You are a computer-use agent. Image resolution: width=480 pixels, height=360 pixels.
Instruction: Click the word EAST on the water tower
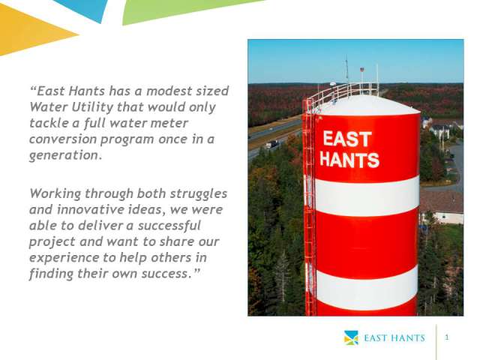(x=347, y=139)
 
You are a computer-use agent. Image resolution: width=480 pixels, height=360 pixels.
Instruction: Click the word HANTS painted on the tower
(x=349, y=160)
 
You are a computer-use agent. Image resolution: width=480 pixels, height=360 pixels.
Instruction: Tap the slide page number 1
(x=447, y=337)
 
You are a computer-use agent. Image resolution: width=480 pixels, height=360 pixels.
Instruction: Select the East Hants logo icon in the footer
(x=351, y=337)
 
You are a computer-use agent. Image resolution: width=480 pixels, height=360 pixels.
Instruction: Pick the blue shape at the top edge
(x=84, y=8)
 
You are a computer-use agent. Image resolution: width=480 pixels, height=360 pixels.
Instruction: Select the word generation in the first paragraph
(x=65, y=155)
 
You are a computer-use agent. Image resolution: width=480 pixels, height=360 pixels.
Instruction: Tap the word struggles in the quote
(x=198, y=194)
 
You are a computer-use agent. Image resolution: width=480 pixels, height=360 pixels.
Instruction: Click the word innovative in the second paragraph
(x=91, y=210)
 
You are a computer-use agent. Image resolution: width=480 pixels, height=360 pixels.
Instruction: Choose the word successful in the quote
(x=169, y=226)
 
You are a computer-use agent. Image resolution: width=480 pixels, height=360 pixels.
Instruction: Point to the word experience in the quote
(x=64, y=258)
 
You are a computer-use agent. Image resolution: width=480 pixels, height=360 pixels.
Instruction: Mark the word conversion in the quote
(x=63, y=139)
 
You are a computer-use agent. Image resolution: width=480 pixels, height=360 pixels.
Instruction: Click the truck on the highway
(x=271, y=144)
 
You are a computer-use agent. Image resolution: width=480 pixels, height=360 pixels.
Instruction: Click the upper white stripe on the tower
(x=367, y=196)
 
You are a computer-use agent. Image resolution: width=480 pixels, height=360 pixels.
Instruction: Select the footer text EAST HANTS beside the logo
(x=394, y=338)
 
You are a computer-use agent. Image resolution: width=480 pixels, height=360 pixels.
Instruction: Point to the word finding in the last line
(x=52, y=274)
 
